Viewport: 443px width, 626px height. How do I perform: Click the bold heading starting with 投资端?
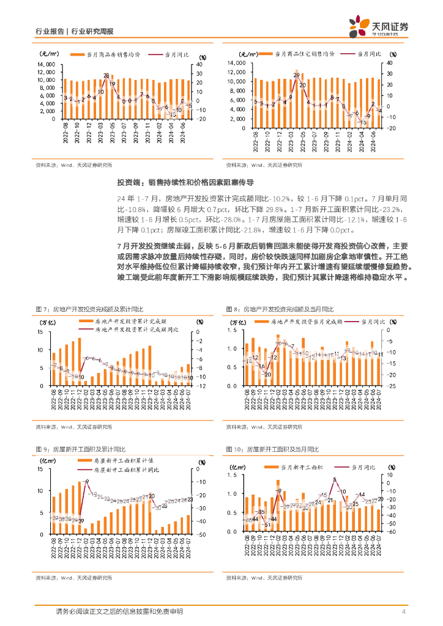185,182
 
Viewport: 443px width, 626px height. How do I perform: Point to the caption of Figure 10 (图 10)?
272,449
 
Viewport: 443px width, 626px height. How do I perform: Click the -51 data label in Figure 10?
266,525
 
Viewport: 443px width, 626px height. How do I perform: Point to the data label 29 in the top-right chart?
297,75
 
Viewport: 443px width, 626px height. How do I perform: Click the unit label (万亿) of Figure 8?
237,322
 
